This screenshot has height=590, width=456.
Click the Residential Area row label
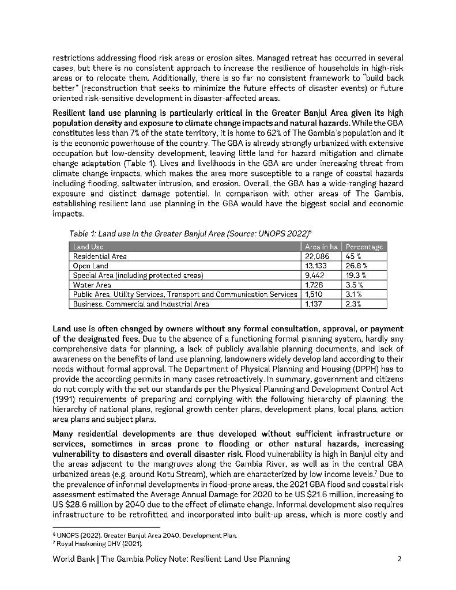100,256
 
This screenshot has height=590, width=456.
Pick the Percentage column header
364,247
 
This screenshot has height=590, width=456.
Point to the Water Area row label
92,285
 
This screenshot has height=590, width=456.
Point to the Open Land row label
91,266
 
